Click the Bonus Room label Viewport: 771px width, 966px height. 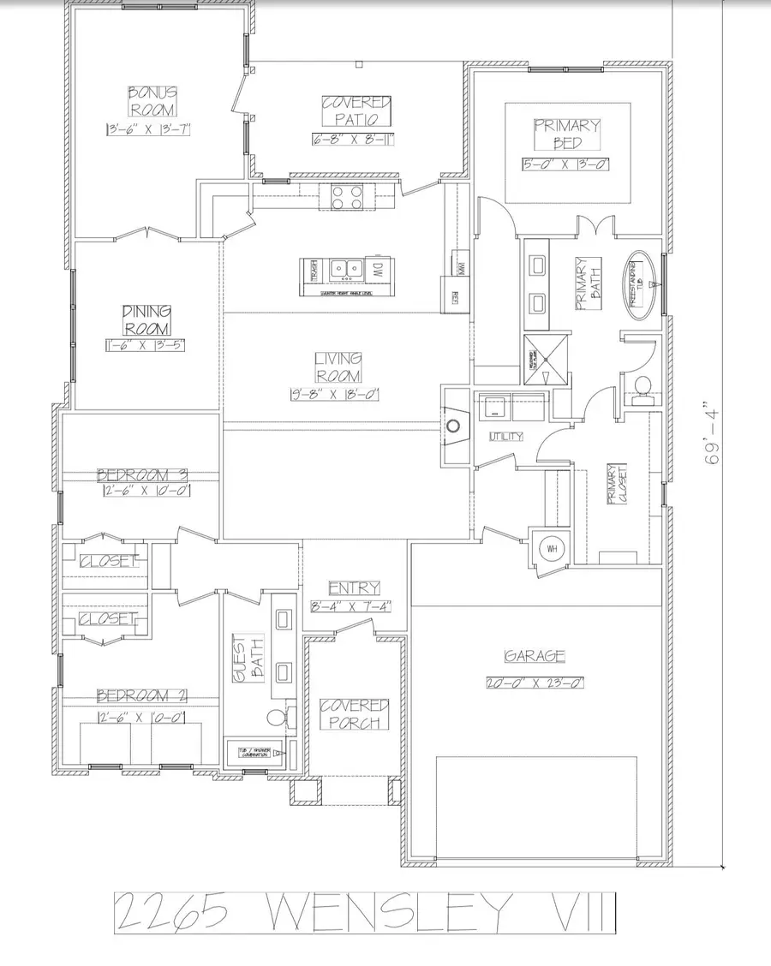[152, 100]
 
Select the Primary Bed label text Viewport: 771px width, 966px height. [567, 134]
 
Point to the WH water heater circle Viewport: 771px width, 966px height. [550, 549]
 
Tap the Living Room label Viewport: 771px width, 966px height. [338, 367]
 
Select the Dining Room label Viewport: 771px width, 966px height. [146, 319]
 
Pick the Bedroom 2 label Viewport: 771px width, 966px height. [142, 695]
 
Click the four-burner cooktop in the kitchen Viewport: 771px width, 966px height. [346, 197]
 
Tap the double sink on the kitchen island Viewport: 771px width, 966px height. [348, 270]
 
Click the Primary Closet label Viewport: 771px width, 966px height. [613, 485]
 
